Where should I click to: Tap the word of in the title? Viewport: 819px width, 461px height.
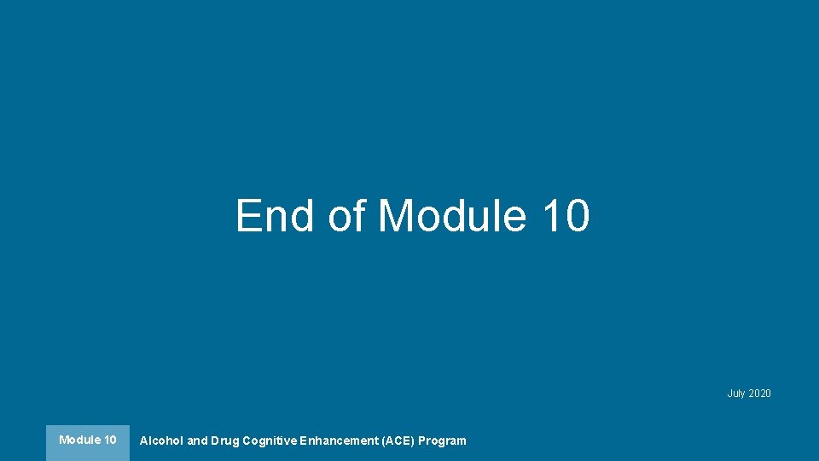[x=346, y=215]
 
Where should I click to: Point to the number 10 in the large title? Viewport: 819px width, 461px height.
[x=564, y=215]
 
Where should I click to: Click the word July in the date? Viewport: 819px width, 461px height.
[x=736, y=394]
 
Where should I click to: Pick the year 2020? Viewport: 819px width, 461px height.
[x=759, y=394]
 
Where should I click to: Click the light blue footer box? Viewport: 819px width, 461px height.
[x=88, y=443]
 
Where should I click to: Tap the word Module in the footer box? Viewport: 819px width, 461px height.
[x=79, y=441]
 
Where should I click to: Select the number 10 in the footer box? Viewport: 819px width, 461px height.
[x=110, y=441]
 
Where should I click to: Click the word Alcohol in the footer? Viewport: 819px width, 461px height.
[x=161, y=441]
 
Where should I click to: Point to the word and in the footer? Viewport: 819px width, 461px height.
[x=197, y=441]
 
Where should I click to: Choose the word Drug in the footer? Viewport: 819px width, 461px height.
[x=225, y=441]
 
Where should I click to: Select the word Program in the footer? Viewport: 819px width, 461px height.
[x=442, y=441]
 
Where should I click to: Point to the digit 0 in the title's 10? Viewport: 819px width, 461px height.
[x=576, y=215]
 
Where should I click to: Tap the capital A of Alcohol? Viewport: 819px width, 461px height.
[x=143, y=441]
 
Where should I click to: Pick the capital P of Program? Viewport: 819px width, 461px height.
[x=421, y=441]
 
